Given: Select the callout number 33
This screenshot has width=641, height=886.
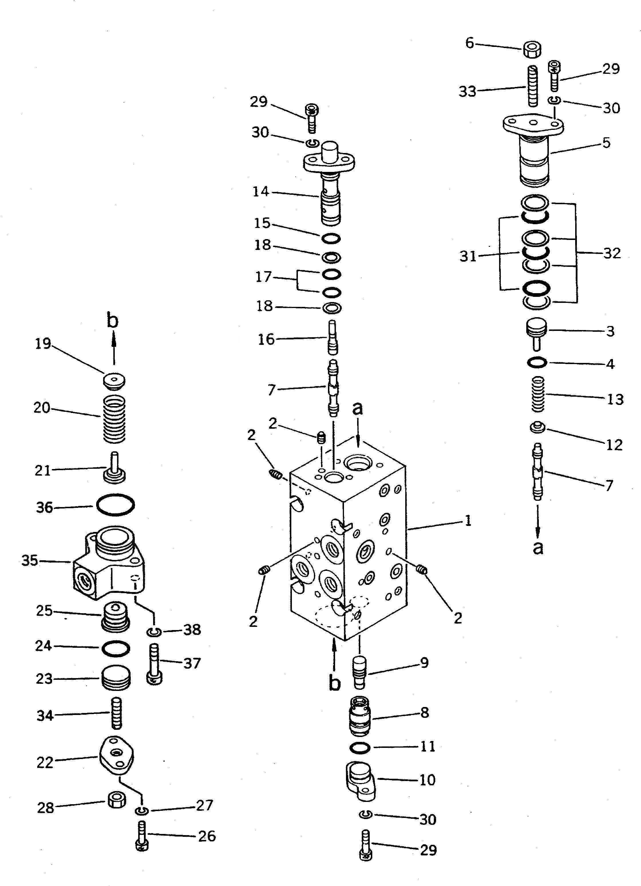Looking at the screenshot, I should coord(468,92).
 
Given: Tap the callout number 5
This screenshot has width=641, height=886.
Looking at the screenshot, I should coord(606,143).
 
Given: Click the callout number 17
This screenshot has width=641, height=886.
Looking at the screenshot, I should coord(264,277).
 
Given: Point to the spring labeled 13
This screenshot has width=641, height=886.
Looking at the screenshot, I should coord(538,394).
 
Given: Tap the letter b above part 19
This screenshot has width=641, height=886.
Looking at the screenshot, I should coord(112,321).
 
